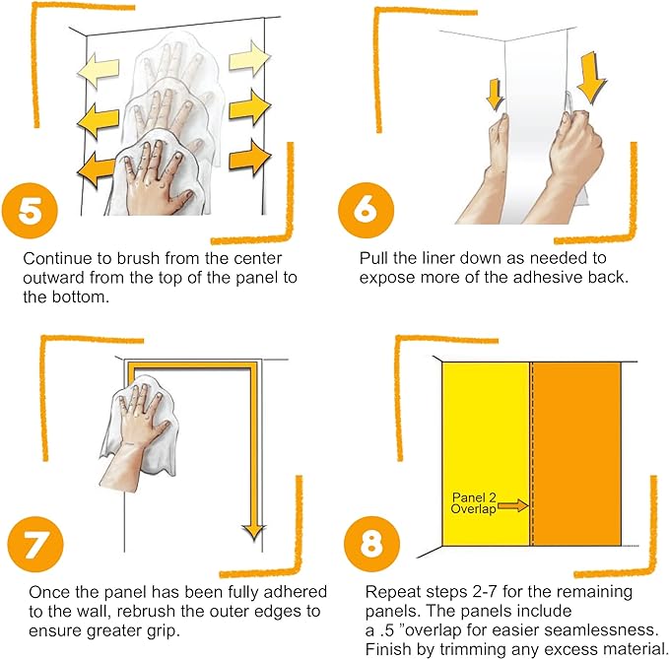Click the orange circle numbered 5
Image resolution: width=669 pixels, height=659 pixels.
30,211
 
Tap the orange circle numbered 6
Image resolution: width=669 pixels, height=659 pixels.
366,210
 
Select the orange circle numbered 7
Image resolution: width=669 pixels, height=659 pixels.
35,545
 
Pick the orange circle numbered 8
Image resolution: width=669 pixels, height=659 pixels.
371,544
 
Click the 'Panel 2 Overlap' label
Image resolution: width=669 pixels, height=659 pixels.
474,503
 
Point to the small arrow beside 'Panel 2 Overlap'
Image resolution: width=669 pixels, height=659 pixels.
513,506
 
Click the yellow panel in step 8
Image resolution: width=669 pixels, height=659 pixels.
486,454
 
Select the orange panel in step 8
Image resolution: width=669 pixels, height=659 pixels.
576,454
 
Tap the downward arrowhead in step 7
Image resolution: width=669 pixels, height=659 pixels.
254,532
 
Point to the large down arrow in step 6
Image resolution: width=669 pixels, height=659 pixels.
591,78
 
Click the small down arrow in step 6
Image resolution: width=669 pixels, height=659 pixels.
495,95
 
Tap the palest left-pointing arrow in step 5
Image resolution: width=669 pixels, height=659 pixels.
99,70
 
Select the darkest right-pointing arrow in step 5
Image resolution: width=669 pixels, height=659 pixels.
250,158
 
